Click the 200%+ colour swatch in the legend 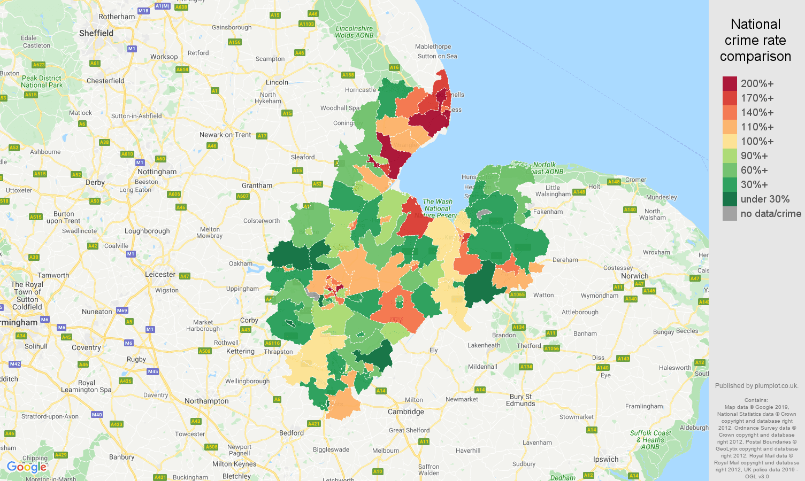coord(730,83)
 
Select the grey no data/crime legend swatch coord(730,214)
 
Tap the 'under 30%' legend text coord(765,199)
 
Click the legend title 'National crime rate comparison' coord(755,40)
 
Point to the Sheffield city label coord(96,33)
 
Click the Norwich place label coord(635,276)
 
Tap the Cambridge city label coord(406,412)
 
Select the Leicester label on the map coord(160,274)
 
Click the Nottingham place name coord(157,172)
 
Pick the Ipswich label coord(605,459)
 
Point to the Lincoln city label coord(277,82)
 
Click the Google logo coord(26,467)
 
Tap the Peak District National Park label coord(42,81)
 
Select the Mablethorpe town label coord(433,46)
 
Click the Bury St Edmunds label coord(520,400)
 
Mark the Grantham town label coord(257,185)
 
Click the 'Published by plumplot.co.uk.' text coord(756,385)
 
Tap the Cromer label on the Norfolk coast coord(635,180)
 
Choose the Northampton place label coord(206,401)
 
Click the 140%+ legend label coord(757,113)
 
